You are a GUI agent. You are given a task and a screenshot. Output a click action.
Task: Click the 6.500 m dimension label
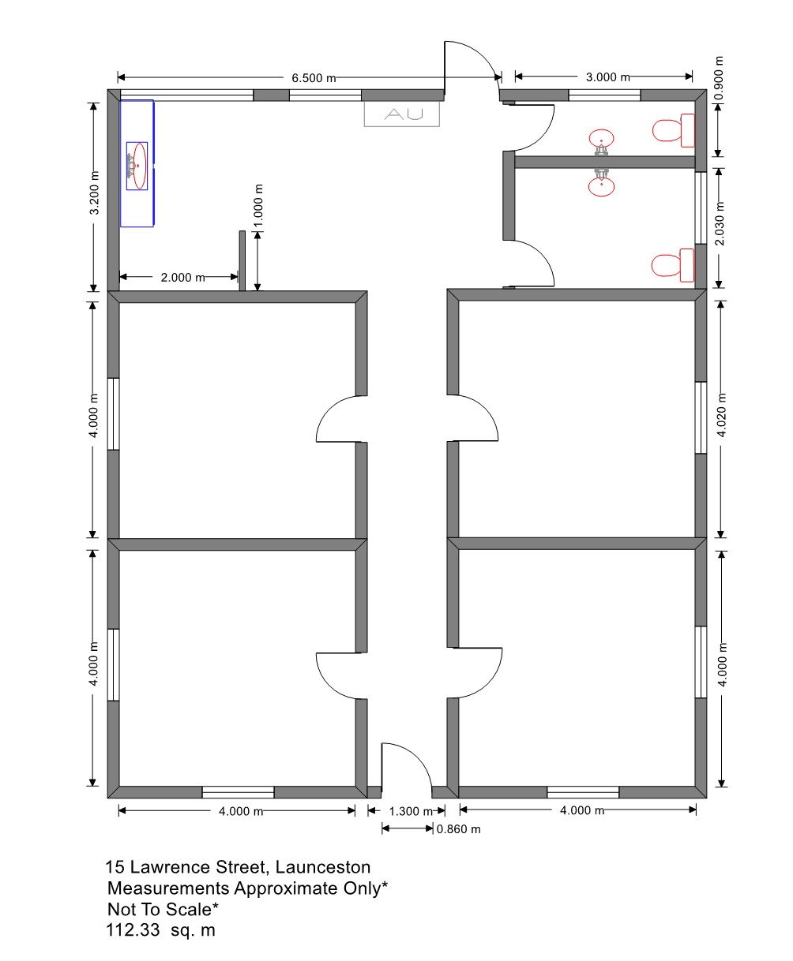point(313,78)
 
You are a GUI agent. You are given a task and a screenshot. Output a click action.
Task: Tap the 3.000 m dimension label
point(607,77)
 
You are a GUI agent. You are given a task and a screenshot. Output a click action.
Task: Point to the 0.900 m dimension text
point(718,78)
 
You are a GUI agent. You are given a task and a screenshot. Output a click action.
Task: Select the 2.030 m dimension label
point(719,223)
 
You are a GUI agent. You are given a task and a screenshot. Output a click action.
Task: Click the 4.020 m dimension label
point(721,414)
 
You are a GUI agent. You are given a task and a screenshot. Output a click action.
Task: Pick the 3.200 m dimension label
point(93,193)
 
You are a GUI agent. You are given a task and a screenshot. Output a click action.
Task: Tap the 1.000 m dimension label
point(258,206)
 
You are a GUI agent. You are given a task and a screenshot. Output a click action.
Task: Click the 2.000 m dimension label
point(182,278)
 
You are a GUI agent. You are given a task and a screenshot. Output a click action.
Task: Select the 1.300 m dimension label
point(411,811)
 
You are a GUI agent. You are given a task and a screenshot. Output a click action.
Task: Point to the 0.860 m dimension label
point(458,829)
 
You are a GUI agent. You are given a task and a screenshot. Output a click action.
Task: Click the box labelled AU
point(401,114)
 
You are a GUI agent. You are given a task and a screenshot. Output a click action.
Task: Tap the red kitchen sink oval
point(139,166)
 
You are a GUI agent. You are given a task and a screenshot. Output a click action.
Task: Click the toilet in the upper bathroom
point(673,130)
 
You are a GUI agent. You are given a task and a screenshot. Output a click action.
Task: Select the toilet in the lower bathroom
point(672,265)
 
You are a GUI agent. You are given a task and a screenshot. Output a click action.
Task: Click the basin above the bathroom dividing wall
point(601,138)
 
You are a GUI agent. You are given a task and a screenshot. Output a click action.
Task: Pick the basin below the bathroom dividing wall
point(601,187)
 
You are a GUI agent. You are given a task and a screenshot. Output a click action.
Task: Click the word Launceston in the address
point(322,867)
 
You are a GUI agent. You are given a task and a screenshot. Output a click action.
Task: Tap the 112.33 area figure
point(133,930)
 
